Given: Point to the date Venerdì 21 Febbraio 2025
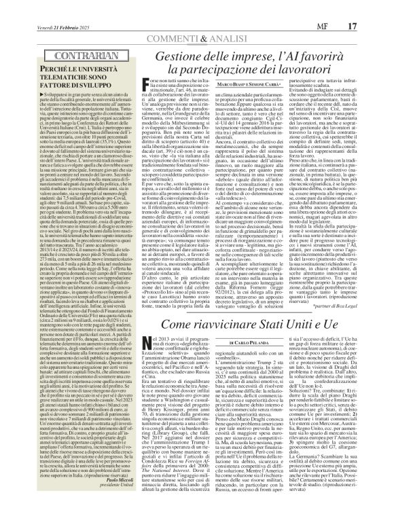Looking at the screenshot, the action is [x=43, y=7].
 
